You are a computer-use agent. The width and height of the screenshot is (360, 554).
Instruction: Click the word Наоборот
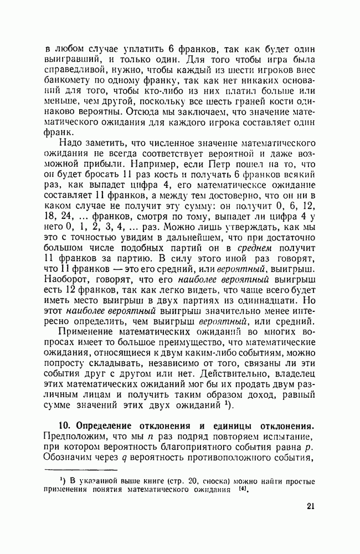click(67, 280)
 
